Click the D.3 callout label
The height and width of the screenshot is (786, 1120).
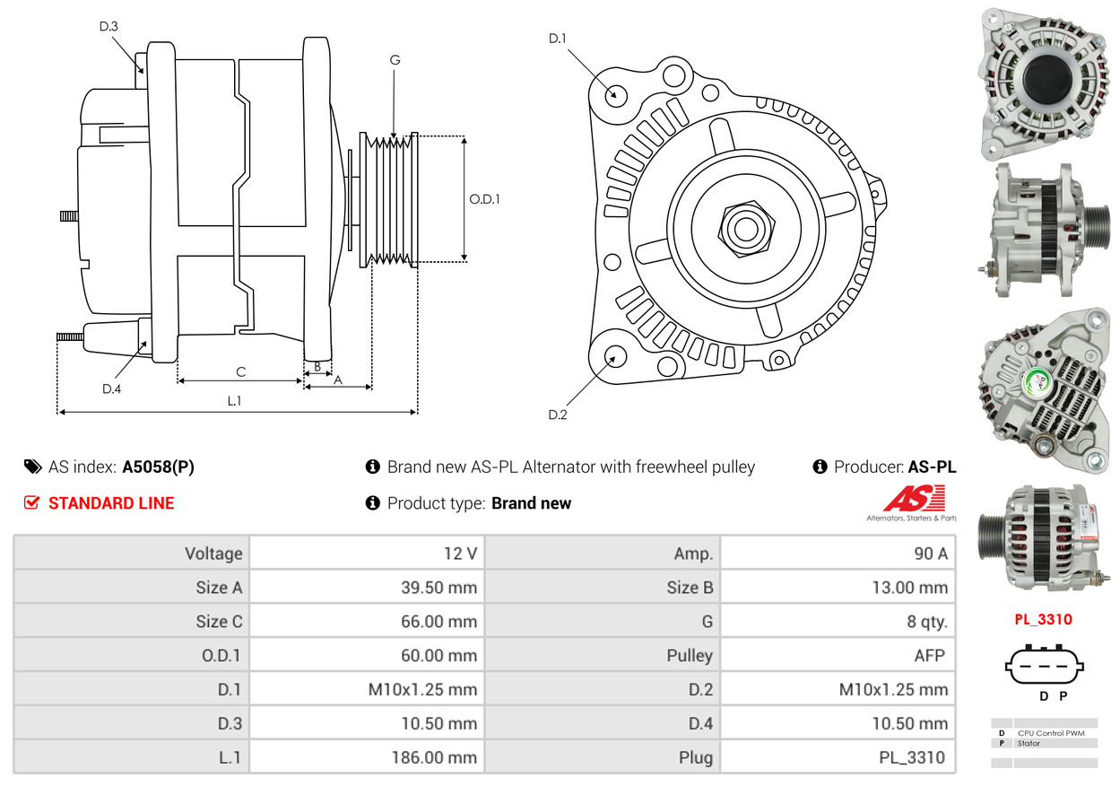(x=109, y=26)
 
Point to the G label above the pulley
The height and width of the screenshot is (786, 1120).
(x=395, y=60)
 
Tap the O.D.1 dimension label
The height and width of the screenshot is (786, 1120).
(x=484, y=199)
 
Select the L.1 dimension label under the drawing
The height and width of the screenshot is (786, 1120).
(x=234, y=401)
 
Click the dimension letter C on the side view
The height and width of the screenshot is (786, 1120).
(x=240, y=371)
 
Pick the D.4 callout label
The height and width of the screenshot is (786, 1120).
(x=111, y=389)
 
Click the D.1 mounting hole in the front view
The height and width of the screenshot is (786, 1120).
(x=615, y=94)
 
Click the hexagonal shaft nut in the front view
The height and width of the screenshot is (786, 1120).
(x=744, y=227)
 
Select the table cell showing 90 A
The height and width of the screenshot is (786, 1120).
(x=838, y=553)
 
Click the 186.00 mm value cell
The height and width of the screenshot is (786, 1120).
(x=367, y=757)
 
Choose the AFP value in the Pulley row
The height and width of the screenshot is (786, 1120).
(x=838, y=655)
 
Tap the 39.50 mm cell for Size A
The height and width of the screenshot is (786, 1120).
(x=367, y=588)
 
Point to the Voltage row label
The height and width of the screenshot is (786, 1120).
(x=132, y=553)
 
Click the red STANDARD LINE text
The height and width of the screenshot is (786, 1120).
(x=111, y=503)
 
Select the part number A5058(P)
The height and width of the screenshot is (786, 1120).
(x=158, y=467)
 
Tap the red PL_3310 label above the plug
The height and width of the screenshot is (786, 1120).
(x=1044, y=619)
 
